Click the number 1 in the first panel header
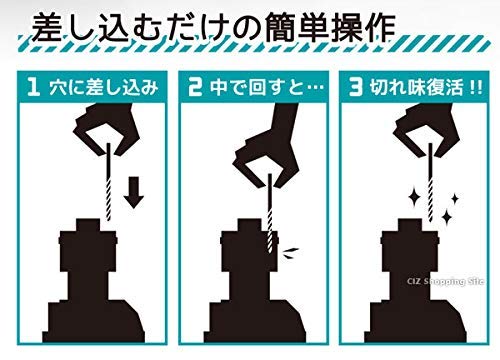coord(34,87)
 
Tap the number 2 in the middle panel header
coord(195,87)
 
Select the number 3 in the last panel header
coord(356,87)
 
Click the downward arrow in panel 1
coord(134,192)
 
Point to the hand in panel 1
coord(108,125)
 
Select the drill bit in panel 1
coord(108,182)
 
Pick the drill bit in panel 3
coord(430,182)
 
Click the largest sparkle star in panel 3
coord(415,199)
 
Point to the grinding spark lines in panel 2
coord(290,253)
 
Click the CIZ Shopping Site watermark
coord(445,282)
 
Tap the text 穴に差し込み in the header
coord(104,88)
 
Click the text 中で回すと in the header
coord(257,88)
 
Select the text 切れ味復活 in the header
coord(416,88)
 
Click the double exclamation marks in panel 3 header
coord(476,88)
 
